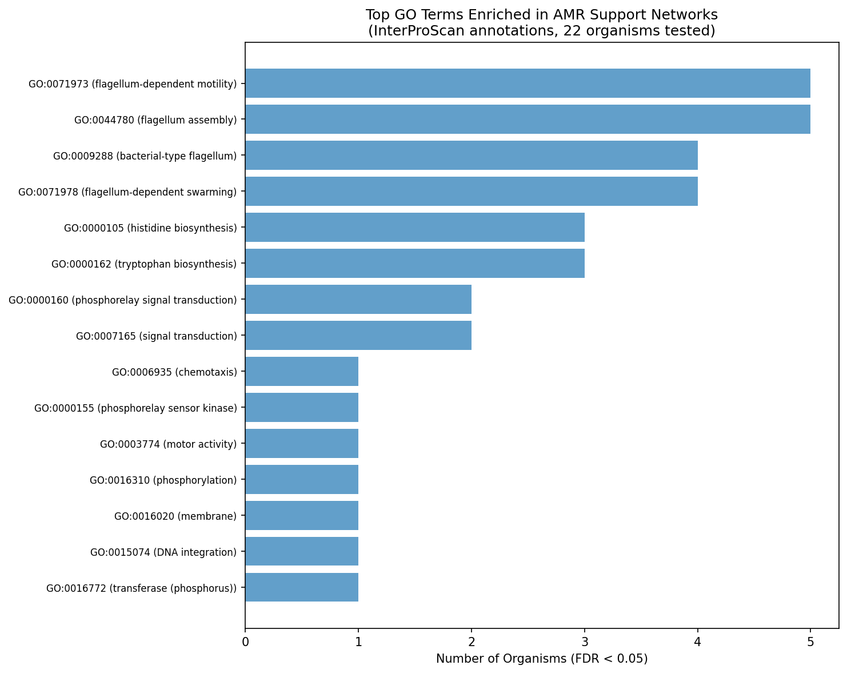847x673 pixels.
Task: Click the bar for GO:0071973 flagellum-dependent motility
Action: (528, 83)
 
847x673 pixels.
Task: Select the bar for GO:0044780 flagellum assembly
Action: (528, 120)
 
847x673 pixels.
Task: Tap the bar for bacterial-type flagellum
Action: (471, 156)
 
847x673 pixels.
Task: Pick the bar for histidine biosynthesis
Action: (414, 228)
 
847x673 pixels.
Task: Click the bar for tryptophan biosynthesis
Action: (414, 264)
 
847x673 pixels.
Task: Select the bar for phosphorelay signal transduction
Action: (358, 300)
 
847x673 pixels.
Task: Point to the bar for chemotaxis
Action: (302, 372)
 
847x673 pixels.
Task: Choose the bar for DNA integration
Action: (302, 552)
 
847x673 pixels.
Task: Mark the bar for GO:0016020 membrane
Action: (302, 516)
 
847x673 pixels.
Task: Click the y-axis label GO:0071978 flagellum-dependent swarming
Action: (127, 192)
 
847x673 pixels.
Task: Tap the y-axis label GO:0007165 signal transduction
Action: (156, 336)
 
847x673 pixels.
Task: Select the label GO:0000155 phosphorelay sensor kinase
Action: (135, 408)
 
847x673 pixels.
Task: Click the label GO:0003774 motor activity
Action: (168, 444)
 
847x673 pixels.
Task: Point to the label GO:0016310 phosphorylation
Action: (163, 480)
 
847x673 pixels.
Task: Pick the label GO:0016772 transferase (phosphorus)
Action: (141, 588)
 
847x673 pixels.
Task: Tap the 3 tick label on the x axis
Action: (584, 642)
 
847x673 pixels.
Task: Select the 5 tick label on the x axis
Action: (810, 642)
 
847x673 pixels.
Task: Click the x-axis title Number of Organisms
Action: (541, 659)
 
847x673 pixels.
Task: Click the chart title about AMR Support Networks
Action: (541, 23)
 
